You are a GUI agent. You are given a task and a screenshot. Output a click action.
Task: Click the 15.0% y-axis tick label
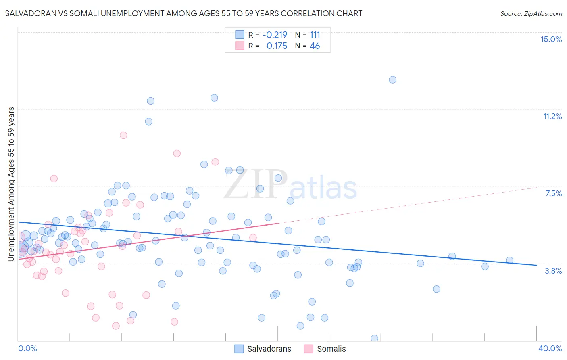[551, 39]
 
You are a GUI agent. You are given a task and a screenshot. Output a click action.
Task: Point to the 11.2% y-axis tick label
[552, 116]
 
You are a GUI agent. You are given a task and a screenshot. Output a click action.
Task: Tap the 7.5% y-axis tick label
[553, 193]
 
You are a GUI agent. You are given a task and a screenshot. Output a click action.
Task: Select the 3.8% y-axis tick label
[553, 271]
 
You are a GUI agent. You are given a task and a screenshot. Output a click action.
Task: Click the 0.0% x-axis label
[27, 348]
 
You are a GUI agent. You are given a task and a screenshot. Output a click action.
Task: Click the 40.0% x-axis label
[550, 348]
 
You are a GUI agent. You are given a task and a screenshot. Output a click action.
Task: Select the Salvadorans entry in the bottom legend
[269, 349]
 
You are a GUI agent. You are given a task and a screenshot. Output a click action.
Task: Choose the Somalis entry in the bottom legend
[331, 349]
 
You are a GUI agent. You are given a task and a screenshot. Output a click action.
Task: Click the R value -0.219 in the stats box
[275, 35]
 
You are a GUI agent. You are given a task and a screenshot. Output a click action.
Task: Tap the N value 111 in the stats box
[315, 35]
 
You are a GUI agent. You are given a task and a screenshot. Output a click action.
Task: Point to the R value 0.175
[277, 46]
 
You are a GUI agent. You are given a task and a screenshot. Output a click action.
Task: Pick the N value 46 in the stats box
[315, 46]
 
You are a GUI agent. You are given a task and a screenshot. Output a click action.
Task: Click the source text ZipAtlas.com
[542, 13]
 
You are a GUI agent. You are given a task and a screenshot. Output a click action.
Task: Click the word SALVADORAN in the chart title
[28, 13]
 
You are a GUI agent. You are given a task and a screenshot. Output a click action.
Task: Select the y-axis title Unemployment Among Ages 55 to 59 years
[11, 184]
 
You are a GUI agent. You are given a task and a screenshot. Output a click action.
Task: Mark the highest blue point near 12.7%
[392, 80]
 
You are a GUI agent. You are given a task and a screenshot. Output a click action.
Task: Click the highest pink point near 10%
[123, 135]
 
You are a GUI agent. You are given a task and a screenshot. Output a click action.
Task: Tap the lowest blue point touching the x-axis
[374, 338]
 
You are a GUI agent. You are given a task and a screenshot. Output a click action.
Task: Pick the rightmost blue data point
[509, 260]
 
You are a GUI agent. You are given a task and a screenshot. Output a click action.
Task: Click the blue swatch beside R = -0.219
[240, 35]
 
